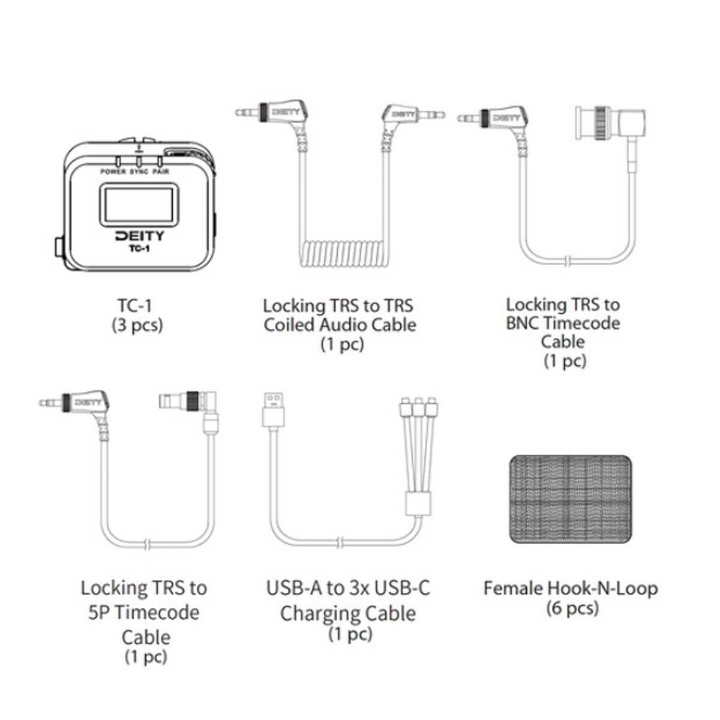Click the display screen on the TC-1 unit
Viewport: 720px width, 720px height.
[139, 205]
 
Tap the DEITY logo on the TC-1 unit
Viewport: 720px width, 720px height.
[139, 236]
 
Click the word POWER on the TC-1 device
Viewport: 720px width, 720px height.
[113, 172]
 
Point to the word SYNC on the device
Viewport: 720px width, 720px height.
[139, 172]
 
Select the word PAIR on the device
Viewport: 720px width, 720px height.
[161, 172]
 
